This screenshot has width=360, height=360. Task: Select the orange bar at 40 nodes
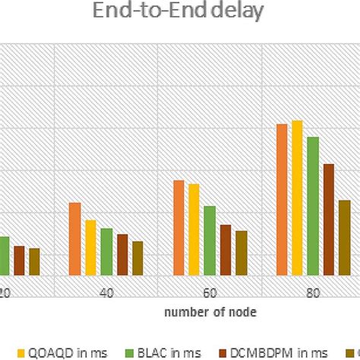[75, 238]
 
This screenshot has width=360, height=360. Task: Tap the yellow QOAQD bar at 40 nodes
[90, 248]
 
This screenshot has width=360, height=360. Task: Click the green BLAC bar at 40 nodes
[106, 251]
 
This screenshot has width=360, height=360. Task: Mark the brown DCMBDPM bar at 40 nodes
[122, 254]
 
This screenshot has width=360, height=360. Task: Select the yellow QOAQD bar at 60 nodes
[194, 229]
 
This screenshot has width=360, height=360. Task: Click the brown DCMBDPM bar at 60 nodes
[226, 250]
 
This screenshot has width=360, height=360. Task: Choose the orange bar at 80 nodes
[282, 199]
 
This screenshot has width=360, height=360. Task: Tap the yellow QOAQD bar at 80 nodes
[297, 197]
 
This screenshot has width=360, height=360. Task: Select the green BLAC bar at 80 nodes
[312, 206]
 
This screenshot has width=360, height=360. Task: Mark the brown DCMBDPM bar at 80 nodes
[328, 219]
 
